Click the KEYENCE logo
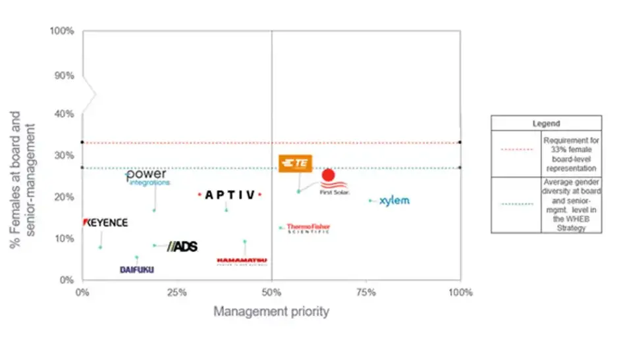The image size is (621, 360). (x=105, y=222)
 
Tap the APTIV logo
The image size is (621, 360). (x=230, y=195)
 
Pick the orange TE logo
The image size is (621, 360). (x=296, y=164)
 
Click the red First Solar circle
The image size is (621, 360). (x=328, y=175)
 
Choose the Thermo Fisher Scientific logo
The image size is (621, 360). (x=308, y=228)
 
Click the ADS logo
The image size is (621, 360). (x=182, y=246)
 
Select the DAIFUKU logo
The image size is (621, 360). (x=137, y=269)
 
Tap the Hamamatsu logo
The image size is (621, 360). (x=242, y=261)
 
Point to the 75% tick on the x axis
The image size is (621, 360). (x=365, y=293)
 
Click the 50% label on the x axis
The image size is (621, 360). (x=272, y=293)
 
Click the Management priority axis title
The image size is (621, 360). (x=271, y=312)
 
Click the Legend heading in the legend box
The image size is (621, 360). (x=546, y=123)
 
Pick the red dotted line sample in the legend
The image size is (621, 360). (x=516, y=149)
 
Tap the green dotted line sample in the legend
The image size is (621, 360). (x=516, y=204)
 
